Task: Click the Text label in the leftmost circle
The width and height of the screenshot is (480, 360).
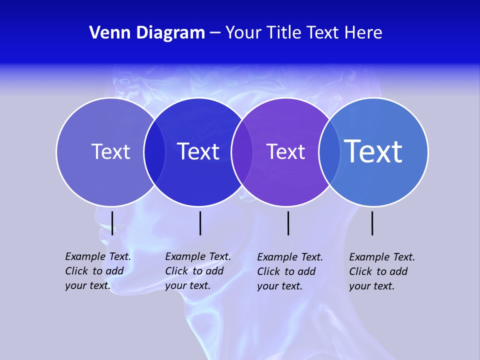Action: point(110,151)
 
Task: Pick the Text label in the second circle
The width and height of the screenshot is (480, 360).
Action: point(198,151)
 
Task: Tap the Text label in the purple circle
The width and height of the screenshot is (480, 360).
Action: point(285,151)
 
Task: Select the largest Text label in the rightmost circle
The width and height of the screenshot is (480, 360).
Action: point(373,151)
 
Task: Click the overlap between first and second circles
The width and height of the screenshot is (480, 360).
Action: point(154,152)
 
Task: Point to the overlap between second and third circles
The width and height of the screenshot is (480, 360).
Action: point(242,152)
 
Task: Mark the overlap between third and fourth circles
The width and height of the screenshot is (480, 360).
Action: point(329,152)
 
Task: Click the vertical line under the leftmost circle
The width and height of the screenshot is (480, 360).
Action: point(112,223)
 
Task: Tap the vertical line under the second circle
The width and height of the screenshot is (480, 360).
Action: point(200,223)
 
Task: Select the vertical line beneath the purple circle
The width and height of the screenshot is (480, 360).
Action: point(288,223)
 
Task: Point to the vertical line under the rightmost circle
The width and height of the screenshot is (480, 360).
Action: point(372,223)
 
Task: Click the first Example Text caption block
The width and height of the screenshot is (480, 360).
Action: point(98,271)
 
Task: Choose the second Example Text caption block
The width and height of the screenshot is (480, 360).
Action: point(198,271)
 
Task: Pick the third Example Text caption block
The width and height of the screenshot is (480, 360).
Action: point(290,271)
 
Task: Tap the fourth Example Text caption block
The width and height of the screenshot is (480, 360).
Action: point(382,271)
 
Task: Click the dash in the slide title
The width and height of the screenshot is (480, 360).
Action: point(215,33)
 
